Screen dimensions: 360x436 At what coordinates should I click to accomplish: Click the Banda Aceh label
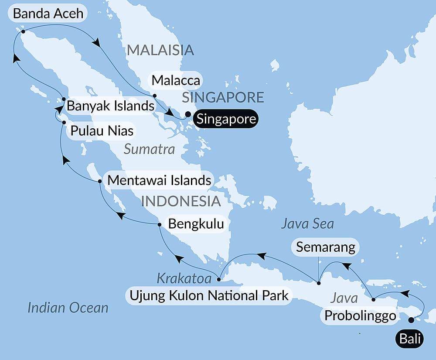pyautogui.click(x=48, y=14)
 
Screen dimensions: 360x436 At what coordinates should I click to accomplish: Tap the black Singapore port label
pyautogui.click(x=225, y=119)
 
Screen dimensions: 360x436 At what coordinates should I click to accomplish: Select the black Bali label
pyautogui.click(x=409, y=339)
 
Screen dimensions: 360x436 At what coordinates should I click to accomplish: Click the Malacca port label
pyautogui.click(x=175, y=80)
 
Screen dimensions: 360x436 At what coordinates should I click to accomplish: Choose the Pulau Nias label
pyautogui.click(x=100, y=131)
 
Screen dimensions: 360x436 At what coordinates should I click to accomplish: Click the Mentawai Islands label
pyautogui.click(x=159, y=180)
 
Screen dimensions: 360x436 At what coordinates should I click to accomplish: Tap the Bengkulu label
pyautogui.click(x=196, y=224)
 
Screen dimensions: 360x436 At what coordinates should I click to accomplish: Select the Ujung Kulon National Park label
pyautogui.click(x=209, y=296)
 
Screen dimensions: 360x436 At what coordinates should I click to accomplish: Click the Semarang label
pyautogui.click(x=325, y=247)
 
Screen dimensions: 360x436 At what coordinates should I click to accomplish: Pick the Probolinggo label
pyautogui.click(x=360, y=315)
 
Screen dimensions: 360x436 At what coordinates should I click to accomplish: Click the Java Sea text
pyautogui.click(x=307, y=224)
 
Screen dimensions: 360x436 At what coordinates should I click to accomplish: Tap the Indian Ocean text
pyautogui.click(x=68, y=308)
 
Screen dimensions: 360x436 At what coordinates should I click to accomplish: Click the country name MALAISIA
pyautogui.click(x=160, y=50)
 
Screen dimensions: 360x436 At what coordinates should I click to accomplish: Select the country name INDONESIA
pyautogui.click(x=181, y=201)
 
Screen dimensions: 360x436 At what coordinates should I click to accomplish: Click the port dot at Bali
pyautogui.click(x=411, y=320)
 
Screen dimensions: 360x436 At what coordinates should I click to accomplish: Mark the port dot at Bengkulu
pyautogui.click(x=159, y=225)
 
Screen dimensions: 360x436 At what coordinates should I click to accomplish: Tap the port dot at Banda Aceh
pyautogui.click(x=23, y=31)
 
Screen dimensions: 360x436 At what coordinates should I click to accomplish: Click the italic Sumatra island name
pyautogui.click(x=149, y=150)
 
